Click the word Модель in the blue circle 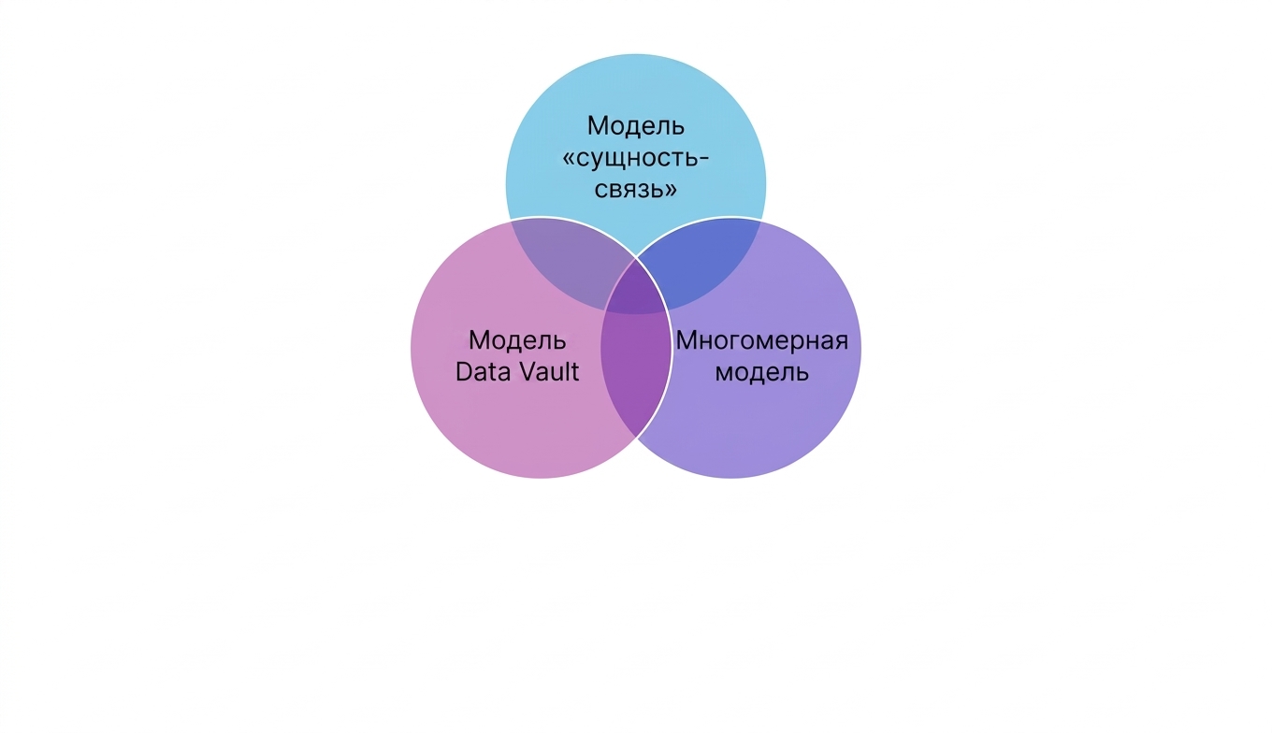coord(635,125)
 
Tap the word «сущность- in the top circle coord(635,158)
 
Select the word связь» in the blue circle coord(635,189)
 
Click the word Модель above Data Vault coord(517,340)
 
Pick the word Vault coord(550,372)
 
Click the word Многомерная coord(762,340)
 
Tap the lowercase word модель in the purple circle coord(762,372)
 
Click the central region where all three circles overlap coord(636,290)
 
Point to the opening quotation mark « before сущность coord(569,160)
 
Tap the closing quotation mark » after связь coord(671,191)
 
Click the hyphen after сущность coord(703,160)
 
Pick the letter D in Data coord(465,372)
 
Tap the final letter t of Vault coord(575,372)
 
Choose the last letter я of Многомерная coord(841,342)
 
